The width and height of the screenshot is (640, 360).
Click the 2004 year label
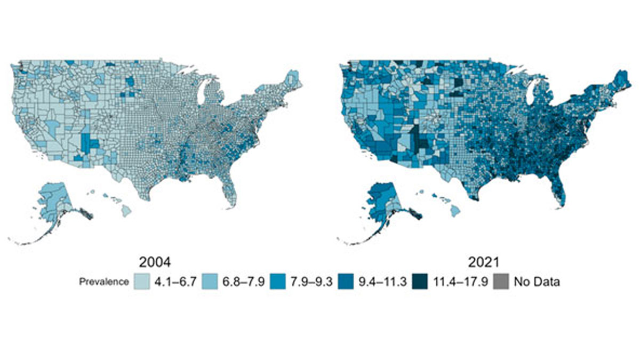point(155,263)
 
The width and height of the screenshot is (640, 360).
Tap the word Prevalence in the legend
point(105,282)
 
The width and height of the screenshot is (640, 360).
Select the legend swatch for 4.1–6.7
point(141,282)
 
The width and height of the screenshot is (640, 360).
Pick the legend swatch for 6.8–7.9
point(209,282)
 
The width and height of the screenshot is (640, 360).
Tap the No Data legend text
point(537,282)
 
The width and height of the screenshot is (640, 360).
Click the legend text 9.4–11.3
point(379,282)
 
